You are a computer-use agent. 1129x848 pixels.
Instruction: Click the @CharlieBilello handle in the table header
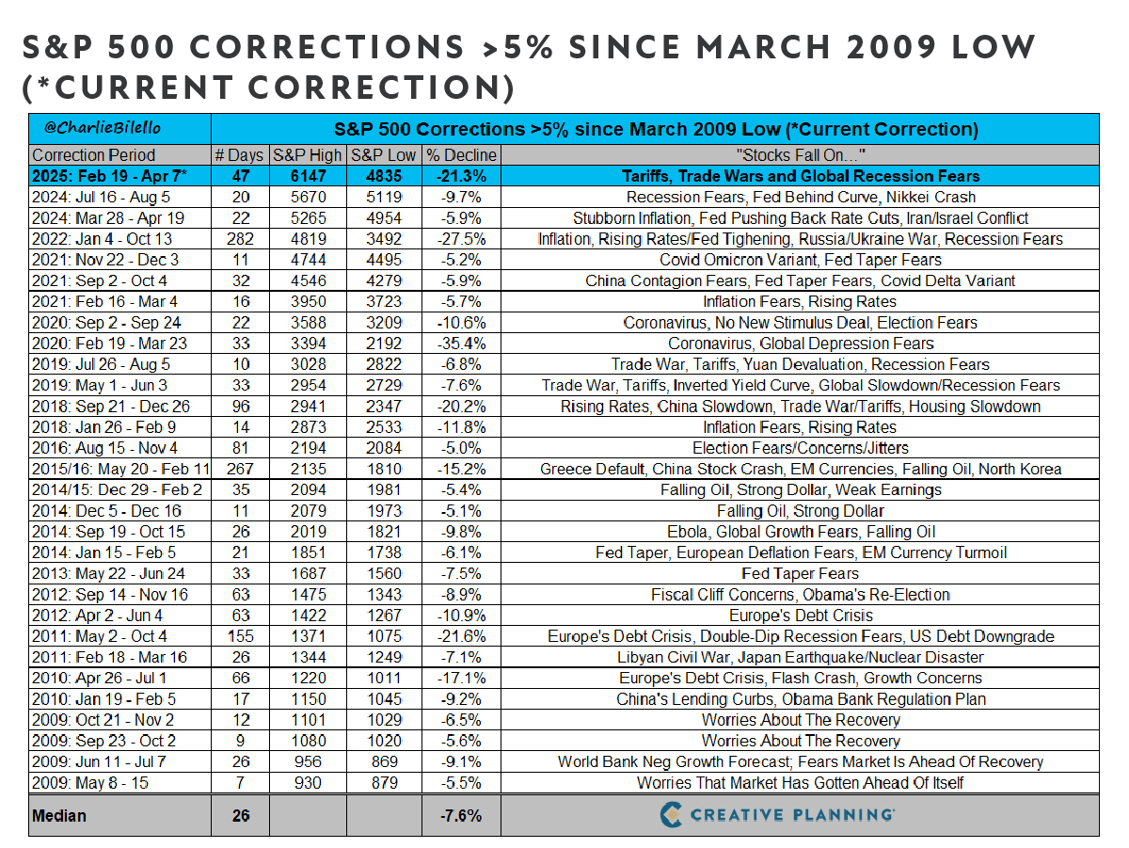(x=103, y=128)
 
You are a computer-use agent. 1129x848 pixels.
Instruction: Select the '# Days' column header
(x=239, y=155)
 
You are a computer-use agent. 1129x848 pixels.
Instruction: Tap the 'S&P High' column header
(x=308, y=155)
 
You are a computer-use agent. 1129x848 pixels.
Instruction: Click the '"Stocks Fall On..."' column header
(x=801, y=155)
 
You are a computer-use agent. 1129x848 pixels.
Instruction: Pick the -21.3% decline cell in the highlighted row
(x=461, y=176)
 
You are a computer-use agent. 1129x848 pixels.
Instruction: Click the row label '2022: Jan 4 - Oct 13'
(x=102, y=239)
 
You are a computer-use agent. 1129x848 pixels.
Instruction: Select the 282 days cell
(x=240, y=239)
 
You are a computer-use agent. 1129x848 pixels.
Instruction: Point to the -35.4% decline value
(x=461, y=344)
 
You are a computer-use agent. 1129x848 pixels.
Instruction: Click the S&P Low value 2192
(x=384, y=344)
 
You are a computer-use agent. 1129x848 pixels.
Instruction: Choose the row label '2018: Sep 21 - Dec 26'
(x=111, y=406)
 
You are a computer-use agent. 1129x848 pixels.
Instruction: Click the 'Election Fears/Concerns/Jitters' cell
(x=801, y=448)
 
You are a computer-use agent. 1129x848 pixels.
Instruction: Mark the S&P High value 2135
(x=308, y=469)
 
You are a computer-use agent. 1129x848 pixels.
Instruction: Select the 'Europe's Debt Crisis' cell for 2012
(x=801, y=616)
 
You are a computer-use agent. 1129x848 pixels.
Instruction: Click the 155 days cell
(x=240, y=636)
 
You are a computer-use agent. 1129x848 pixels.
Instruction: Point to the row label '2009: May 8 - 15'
(x=90, y=783)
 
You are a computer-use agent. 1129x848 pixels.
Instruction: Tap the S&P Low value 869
(x=384, y=761)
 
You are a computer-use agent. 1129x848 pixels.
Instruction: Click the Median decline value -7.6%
(x=461, y=816)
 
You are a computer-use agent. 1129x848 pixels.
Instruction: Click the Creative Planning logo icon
(x=671, y=814)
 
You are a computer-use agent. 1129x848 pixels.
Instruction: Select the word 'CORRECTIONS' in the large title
(x=327, y=47)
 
